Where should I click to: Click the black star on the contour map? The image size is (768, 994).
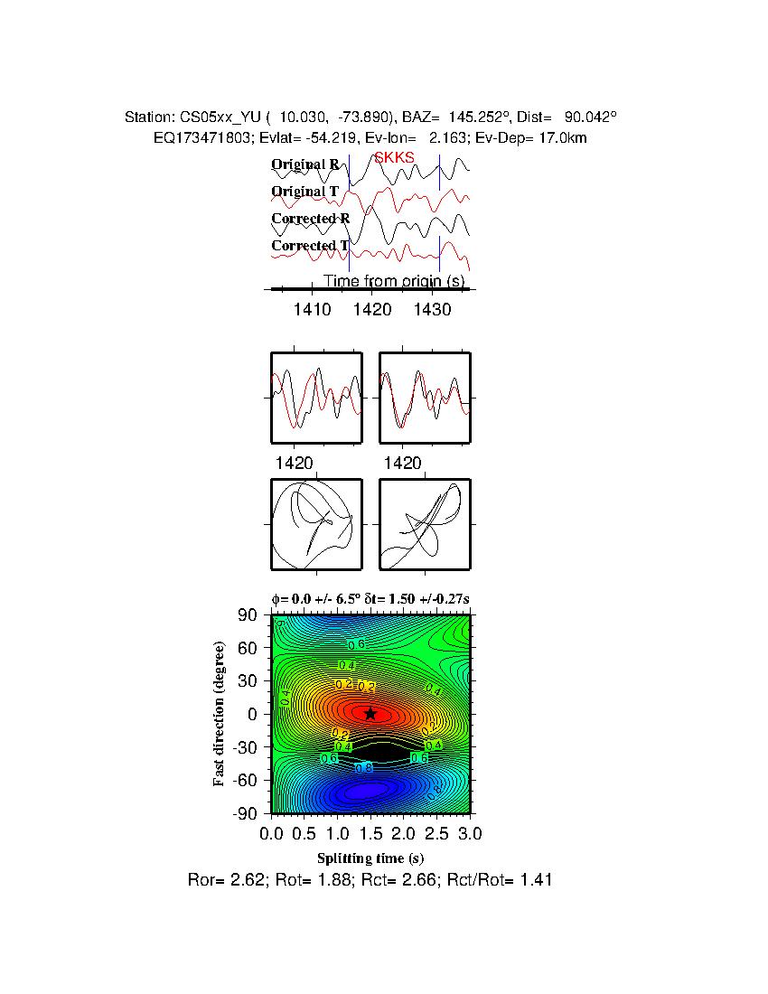click(x=370, y=713)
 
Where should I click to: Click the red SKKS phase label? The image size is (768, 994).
click(x=394, y=157)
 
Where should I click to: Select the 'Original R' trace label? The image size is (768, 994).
click(x=305, y=164)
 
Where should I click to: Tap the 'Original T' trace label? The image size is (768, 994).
click(x=304, y=192)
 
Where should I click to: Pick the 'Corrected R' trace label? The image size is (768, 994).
click(x=310, y=219)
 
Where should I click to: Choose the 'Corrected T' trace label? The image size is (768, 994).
click(x=310, y=246)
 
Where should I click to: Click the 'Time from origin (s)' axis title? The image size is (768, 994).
click(x=394, y=281)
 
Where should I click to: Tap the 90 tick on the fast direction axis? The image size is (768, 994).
click(x=250, y=615)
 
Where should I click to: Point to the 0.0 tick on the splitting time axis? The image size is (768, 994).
click(x=272, y=831)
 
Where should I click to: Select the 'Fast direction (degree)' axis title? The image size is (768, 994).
click(x=220, y=714)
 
